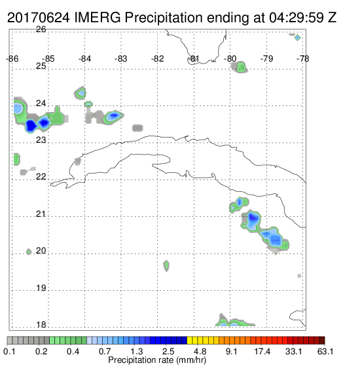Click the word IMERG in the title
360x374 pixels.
pos(98,18)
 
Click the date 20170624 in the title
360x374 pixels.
pos(39,18)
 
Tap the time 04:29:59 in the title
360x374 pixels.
pos(297,18)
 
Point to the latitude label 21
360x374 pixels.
pos(41,214)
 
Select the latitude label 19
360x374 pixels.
pos(41,288)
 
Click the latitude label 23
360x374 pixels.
pos(41,140)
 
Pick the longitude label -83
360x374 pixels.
pos(121,59)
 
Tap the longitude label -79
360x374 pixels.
pos(266,59)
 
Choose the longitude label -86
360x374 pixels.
pos(12,59)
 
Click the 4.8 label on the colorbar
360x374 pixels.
pos(200,351)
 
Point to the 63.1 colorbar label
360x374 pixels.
pos(325,351)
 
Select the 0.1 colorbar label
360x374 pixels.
pos(9,351)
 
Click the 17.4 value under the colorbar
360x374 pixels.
pos(262,351)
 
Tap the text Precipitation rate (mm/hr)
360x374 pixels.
pos(157,360)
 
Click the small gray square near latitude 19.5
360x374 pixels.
pos(299,276)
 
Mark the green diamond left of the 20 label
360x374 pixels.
pos(29,252)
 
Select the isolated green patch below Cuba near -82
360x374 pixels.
pos(166,265)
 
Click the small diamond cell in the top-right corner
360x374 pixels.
pos(297,38)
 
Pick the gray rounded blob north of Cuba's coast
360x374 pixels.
pos(137,128)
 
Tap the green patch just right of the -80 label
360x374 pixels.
pos(240,67)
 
